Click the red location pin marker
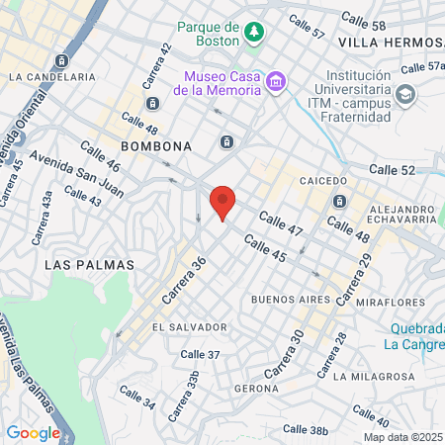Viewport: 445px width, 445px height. pos(222,201)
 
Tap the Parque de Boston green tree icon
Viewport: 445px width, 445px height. pos(255,33)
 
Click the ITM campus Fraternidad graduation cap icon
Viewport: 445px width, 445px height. pos(403,94)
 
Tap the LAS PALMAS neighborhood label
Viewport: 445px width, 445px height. pos(89,265)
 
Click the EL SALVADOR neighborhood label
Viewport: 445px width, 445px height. pos(190,326)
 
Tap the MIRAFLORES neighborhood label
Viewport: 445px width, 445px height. pos(393,302)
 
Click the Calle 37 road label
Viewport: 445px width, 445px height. pos(201,354)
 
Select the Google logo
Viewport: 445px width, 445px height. pos(33,432)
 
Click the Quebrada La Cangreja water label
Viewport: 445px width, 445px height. pos(413,337)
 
